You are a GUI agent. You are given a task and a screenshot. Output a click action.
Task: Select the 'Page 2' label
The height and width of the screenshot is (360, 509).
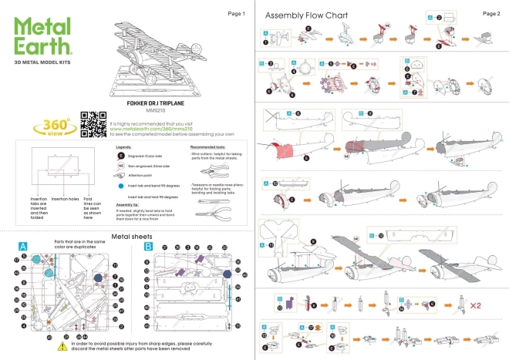490,14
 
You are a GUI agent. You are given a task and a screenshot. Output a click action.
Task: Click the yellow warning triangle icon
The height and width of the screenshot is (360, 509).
62,348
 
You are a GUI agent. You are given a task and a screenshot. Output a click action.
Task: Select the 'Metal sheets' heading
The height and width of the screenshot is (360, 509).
132,236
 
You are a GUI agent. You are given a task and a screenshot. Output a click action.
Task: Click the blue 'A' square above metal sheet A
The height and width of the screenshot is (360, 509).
24,247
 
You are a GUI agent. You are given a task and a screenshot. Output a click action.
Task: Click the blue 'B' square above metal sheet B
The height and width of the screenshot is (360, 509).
147,247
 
